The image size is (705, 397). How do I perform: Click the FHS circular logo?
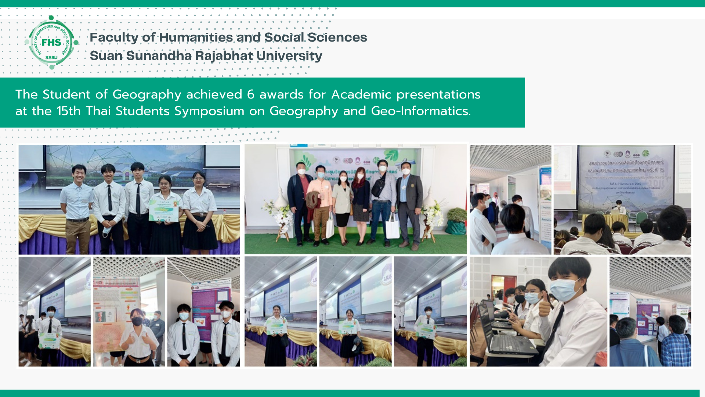pos(51,42)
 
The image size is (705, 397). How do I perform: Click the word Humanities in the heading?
pos(196,37)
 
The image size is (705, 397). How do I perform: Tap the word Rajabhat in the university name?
pos(224,56)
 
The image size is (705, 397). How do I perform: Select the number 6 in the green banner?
pos(250,94)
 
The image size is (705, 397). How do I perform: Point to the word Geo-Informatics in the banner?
pos(420,111)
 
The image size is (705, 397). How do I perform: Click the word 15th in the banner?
pos(69,111)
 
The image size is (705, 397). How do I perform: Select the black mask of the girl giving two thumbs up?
pos(137,321)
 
